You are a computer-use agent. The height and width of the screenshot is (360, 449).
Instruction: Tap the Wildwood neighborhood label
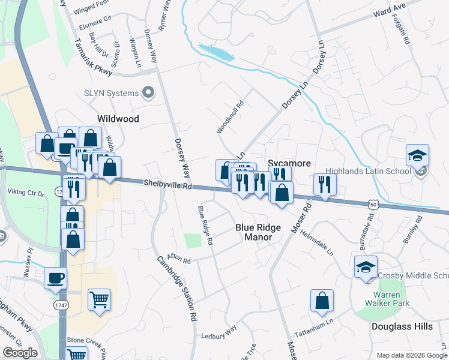point(118,119)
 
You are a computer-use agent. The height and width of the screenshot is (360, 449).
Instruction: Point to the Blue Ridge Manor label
point(253,232)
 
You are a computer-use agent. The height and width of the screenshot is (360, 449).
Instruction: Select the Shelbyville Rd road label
point(167,185)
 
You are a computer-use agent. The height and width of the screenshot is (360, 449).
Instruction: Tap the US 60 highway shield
point(373,205)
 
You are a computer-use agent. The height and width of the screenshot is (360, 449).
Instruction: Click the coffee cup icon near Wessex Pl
point(56,278)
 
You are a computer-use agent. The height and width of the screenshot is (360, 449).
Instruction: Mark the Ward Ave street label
point(389,11)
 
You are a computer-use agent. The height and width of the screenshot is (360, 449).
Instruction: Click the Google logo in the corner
point(20,353)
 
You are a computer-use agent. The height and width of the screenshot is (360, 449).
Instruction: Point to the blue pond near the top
point(217,52)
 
